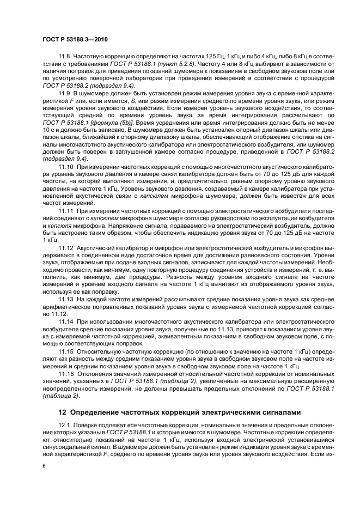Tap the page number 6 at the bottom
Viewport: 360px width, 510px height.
44,466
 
